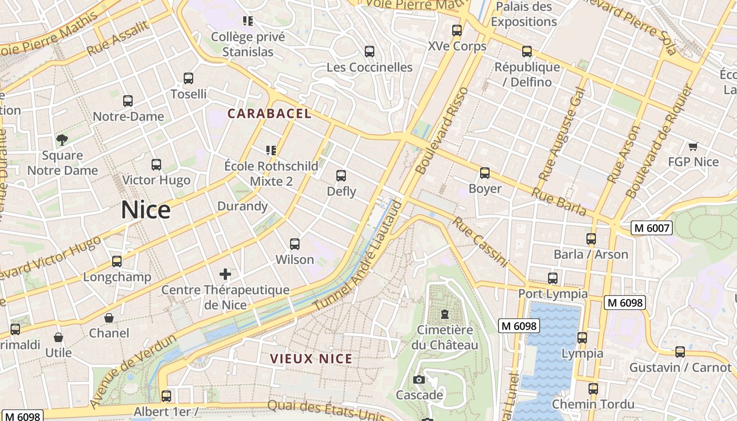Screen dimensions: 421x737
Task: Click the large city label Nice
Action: tap(146, 210)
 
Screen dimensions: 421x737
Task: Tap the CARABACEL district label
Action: tap(269, 113)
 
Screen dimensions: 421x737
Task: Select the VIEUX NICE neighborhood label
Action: tap(311, 359)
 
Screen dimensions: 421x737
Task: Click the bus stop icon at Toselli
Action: tap(188, 78)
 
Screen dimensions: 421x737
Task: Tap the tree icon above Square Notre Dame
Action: tap(62, 139)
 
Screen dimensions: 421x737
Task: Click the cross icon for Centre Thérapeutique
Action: tap(225, 274)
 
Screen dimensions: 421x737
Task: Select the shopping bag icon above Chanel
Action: tap(109, 318)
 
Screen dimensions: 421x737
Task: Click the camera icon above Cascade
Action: tap(419, 379)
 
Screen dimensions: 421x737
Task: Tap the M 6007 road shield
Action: tap(652, 228)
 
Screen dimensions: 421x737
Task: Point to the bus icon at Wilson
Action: tap(295, 244)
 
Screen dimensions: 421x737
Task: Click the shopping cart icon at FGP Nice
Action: tap(693, 146)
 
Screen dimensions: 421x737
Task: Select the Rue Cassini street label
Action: tap(480, 242)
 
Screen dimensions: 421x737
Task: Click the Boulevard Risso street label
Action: tap(442, 131)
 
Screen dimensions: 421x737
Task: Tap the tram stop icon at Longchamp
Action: tap(117, 262)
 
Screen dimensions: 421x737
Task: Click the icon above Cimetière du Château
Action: tap(445, 315)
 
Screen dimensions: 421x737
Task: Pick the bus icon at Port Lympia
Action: tap(553, 278)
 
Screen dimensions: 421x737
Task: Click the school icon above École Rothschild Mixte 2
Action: tap(271, 151)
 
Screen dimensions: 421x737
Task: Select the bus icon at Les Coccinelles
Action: tap(370, 52)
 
